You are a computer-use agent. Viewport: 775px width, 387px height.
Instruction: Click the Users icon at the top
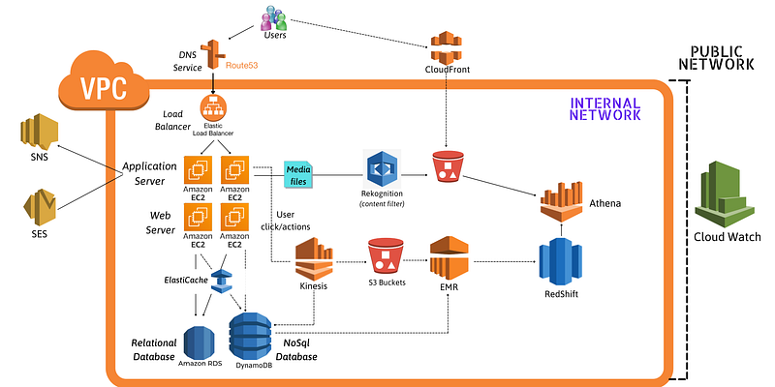pyautogui.click(x=274, y=17)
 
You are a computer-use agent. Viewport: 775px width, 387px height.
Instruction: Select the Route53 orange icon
pyautogui.click(x=213, y=54)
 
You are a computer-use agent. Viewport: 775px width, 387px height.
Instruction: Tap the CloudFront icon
pyautogui.click(x=447, y=46)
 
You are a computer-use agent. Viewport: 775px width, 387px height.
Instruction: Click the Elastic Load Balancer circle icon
pyautogui.click(x=213, y=108)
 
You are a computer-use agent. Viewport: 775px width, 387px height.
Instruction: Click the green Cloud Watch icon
pyautogui.click(x=725, y=194)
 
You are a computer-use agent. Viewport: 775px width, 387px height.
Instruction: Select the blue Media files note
pyautogui.click(x=298, y=175)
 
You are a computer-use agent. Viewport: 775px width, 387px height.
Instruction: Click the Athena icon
pyautogui.click(x=561, y=201)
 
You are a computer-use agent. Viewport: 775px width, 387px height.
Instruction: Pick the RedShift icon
pyautogui.click(x=560, y=261)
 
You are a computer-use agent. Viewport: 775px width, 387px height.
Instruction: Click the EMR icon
pyautogui.click(x=449, y=258)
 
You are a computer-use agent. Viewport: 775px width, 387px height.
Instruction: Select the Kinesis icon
pyautogui.click(x=313, y=258)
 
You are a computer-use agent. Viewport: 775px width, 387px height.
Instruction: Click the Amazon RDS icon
pyautogui.click(x=199, y=342)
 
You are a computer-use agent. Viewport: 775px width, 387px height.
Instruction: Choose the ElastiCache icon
pyautogui.click(x=222, y=282)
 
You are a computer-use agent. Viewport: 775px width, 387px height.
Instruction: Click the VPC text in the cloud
pyautogui.click(x=104, y=89)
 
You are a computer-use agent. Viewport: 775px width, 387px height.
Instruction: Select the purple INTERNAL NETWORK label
pyautogui.click(x=604, y=109)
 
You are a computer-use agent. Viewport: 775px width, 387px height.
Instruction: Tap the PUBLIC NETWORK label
pyautogui.click(x=716, y=58)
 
